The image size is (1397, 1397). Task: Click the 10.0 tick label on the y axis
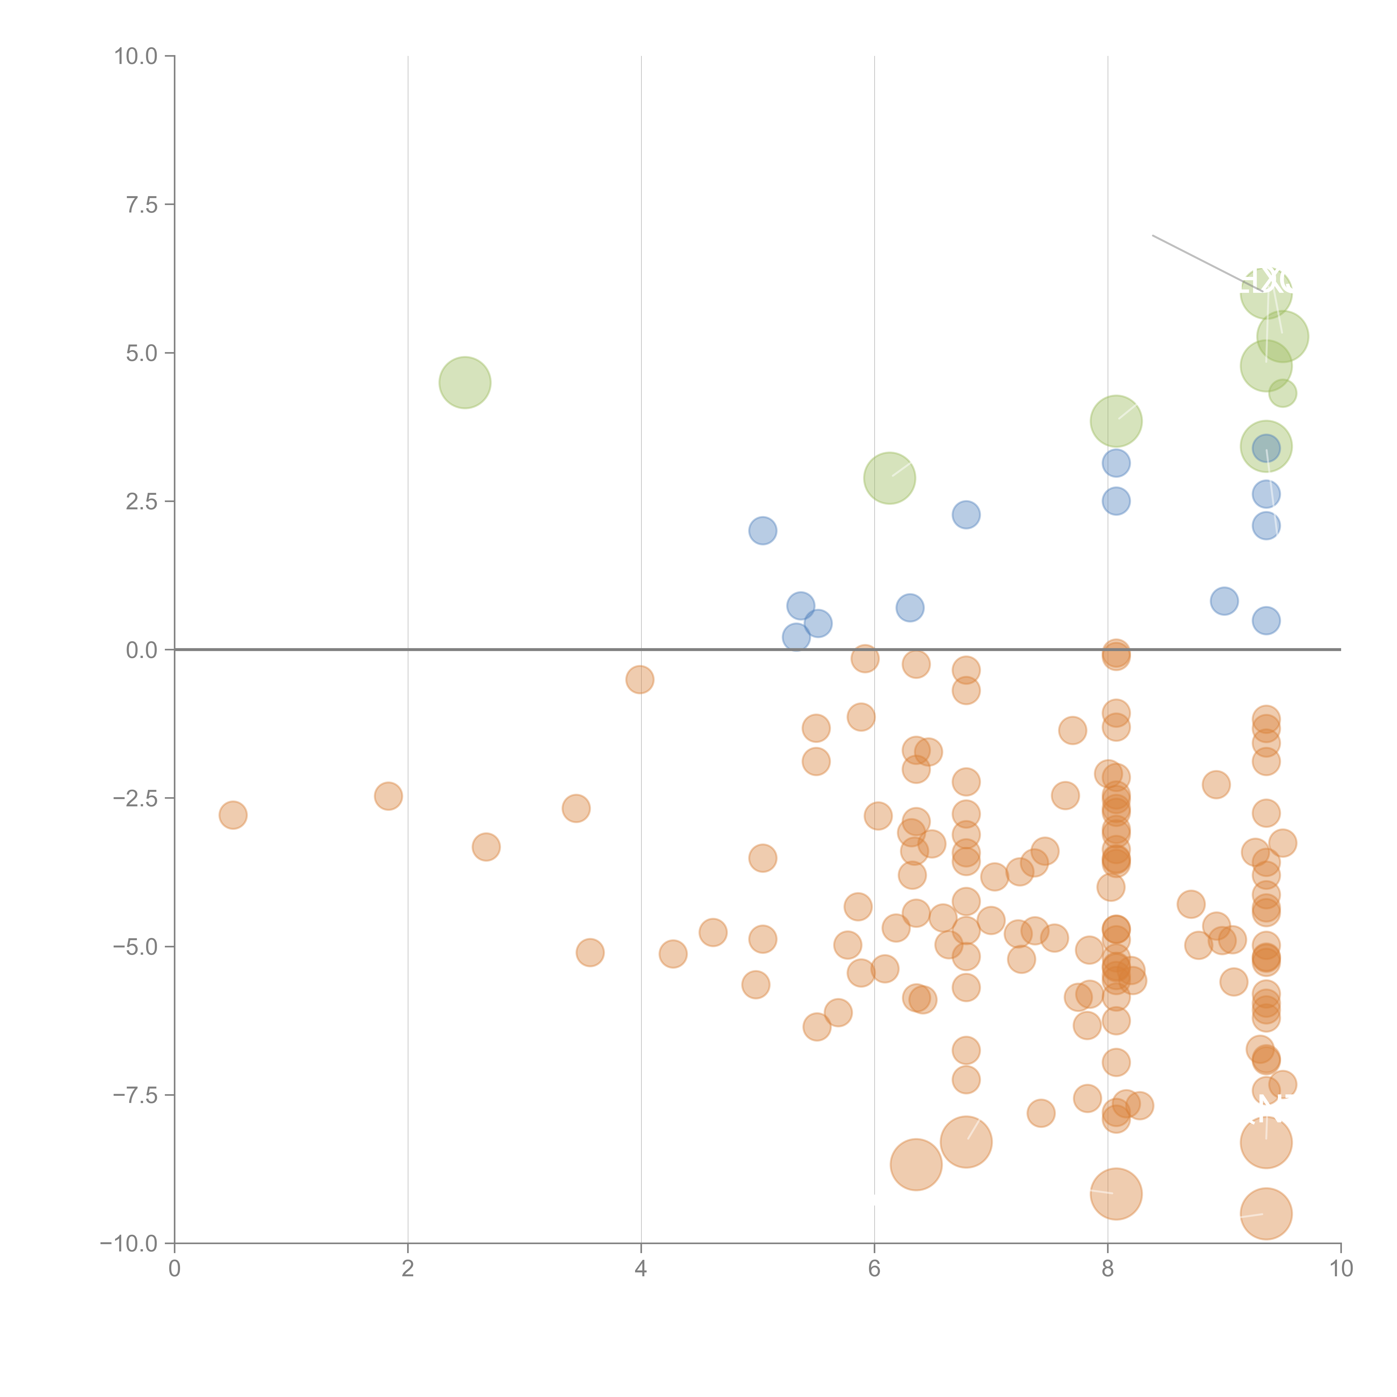point(136,56)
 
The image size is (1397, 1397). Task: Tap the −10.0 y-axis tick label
point(129,1244)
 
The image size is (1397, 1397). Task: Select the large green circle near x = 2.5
point(465,382)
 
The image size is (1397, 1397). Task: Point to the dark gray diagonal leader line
point(1193,257)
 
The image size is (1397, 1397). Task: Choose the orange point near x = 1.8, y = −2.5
point(388,796)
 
